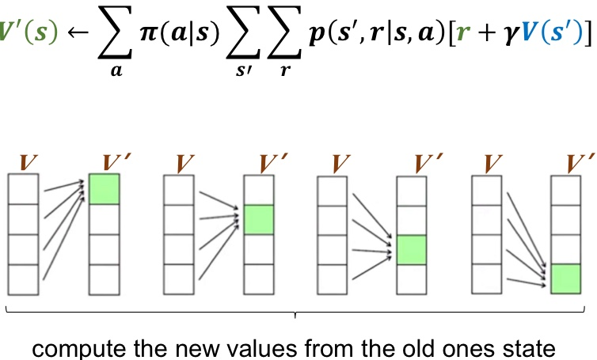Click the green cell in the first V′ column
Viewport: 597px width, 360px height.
[104, 189]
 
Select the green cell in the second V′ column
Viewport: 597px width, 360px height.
[257, 219]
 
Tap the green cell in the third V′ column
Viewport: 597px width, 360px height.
[411, 249]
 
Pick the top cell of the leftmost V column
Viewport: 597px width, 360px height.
[23, 189]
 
